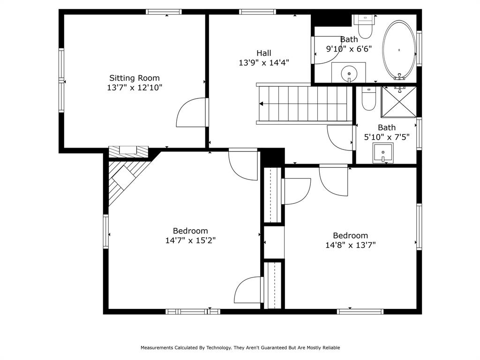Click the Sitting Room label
pos(135,78)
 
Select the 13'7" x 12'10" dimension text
pos(135,88)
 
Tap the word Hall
pos(263,53)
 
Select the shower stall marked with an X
pos(398,101)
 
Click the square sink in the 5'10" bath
pos(383,153)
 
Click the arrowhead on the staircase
pos(261,104)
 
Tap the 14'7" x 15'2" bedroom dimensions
pos(190,240)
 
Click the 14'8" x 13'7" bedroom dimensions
pos(350,245)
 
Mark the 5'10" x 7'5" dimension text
pos(386,137)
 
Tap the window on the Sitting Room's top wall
pos(164,12)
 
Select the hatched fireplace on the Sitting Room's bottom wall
pos(128,151)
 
